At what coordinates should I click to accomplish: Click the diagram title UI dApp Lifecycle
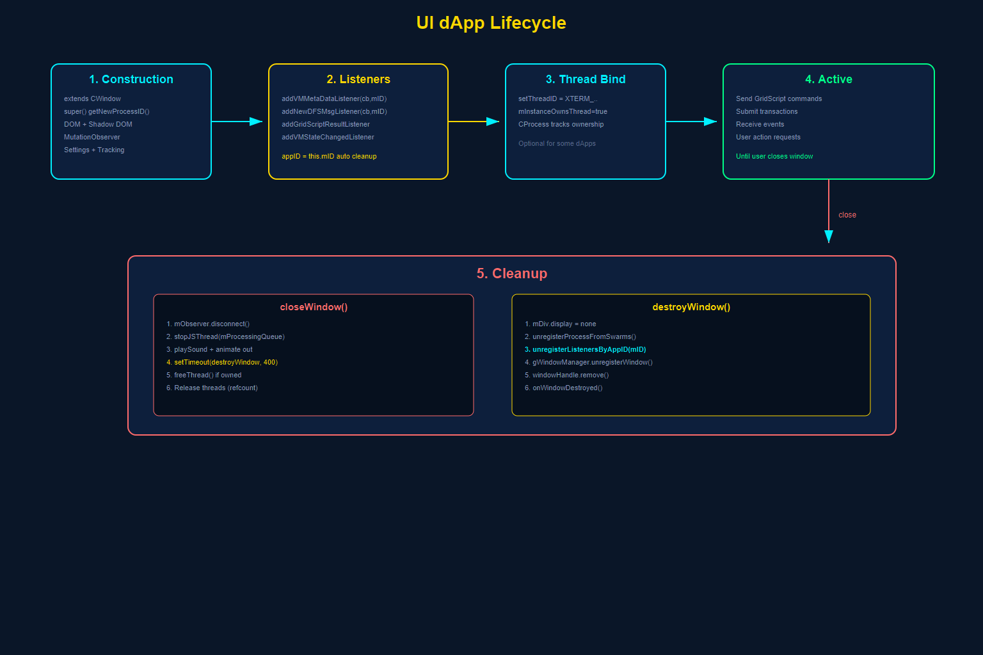point(491,23)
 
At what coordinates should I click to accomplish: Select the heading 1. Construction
point(131,79)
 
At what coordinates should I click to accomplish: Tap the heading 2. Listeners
point(358,79)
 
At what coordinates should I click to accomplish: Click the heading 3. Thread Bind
point(586,79)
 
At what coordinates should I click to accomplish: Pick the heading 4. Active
point(829,79)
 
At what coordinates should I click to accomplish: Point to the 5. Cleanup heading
point(512,274)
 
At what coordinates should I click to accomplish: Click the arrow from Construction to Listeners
point(237,122)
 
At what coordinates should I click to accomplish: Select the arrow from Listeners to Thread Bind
point(474,122)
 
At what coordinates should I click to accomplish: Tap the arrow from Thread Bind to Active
point(691,122)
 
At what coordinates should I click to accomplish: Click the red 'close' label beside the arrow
point(847,215)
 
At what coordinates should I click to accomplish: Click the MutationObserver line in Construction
point(92,137)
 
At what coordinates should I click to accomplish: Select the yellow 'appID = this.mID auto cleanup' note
point(329,156)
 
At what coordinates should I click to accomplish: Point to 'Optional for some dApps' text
point(557,143)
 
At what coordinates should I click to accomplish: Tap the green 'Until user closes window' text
point(774,156)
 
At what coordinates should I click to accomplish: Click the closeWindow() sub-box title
point(314,307)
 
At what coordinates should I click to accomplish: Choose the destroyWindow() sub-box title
point(691,307)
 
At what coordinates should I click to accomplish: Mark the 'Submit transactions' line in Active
point(767,111)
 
